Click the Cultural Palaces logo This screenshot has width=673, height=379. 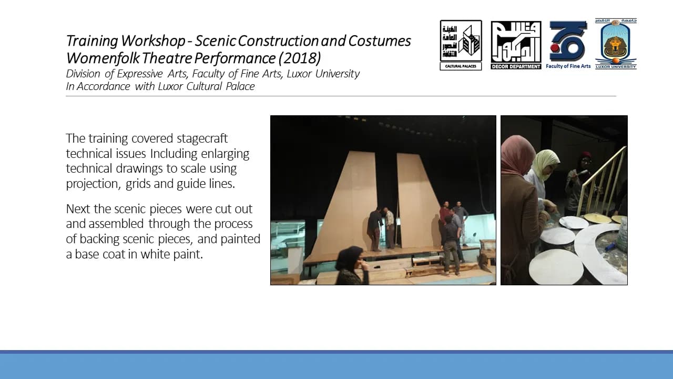[461, 45]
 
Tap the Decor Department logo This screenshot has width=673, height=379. [516, 45]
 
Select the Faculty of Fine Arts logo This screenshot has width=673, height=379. [568, 45]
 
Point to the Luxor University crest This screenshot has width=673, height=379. [616, 44]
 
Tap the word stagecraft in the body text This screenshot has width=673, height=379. [202, 138]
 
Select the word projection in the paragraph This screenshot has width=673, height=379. [93, 184]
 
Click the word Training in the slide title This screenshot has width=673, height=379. [92, 41]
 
